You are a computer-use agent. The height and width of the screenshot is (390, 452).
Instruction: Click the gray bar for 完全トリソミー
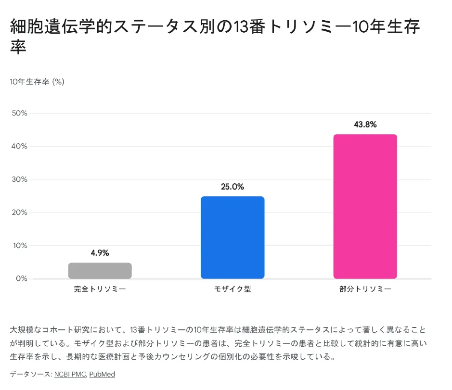click(x=100, y=271)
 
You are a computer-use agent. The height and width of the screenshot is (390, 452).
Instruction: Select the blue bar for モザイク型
click(x=232, y=238)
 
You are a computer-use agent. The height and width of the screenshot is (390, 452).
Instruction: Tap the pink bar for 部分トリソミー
click(x=365, y=207)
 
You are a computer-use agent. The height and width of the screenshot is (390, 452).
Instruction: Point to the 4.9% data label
click(x=100, y=253)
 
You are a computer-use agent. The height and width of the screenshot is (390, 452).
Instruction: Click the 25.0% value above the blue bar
click(x=232, y=187)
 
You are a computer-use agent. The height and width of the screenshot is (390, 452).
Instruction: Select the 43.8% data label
click(x=365, y=125)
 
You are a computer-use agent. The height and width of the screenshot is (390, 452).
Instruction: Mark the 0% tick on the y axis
click(x=21, y=279)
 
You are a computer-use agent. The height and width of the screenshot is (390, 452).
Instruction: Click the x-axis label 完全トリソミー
click(x=100, y=289)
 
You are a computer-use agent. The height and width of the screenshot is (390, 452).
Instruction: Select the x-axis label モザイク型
click(x=232, y=289)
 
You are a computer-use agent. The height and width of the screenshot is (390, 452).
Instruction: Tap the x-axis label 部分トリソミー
click(x=365, y=289)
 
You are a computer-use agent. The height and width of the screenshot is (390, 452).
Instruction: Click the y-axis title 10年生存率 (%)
click(x=37, y=82)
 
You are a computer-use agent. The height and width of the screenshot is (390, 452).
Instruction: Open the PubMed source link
click(x=102, y=374)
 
